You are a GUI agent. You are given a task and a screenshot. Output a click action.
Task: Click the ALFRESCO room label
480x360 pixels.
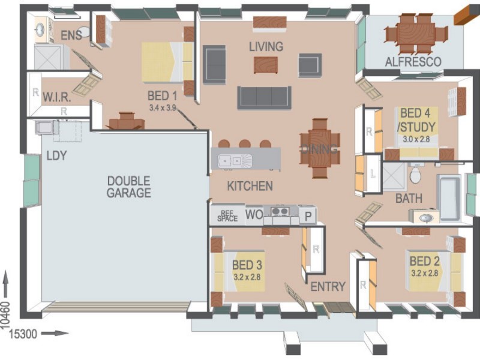tap(413, 62)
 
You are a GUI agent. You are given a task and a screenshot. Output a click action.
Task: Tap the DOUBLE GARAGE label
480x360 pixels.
tap(128, 187)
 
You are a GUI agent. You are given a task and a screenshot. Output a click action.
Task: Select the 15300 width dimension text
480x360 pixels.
tap(23, 334)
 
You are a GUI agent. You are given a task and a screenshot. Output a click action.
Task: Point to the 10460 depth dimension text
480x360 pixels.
tap(6, 315)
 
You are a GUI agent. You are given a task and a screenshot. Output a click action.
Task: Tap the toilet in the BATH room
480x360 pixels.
tap(415, 174)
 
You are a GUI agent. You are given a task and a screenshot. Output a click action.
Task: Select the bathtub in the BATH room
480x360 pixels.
tap(449, 198)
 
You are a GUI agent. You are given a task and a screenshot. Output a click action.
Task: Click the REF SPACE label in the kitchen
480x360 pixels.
tap(227, 216)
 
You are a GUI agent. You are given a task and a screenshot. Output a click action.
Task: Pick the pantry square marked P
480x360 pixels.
tap(308, 217)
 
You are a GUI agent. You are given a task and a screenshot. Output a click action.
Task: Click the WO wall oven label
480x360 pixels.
tap(254, 215)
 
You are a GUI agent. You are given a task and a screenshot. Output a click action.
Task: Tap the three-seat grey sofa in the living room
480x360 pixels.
tap(264, 98)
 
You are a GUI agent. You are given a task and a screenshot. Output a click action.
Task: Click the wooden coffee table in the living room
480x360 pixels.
tap(266, 65)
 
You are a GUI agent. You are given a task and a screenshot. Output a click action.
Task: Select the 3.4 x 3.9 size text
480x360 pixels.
tap(162, 108)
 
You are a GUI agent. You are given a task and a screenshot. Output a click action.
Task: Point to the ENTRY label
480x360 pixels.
tap(328, 287)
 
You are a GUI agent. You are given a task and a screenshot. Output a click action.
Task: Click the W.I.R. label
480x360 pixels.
tap(57, 98)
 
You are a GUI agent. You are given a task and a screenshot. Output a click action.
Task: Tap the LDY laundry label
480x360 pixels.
tap(56, 155)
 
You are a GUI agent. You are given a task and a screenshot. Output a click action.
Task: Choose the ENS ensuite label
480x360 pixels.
tap(71, 35)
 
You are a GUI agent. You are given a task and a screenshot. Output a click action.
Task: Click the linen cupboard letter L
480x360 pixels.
tap(373, 174)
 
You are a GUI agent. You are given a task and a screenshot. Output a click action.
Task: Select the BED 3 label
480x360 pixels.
tap(247, 265)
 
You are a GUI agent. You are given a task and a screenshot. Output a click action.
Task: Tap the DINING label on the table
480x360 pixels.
tap(320, 149)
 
